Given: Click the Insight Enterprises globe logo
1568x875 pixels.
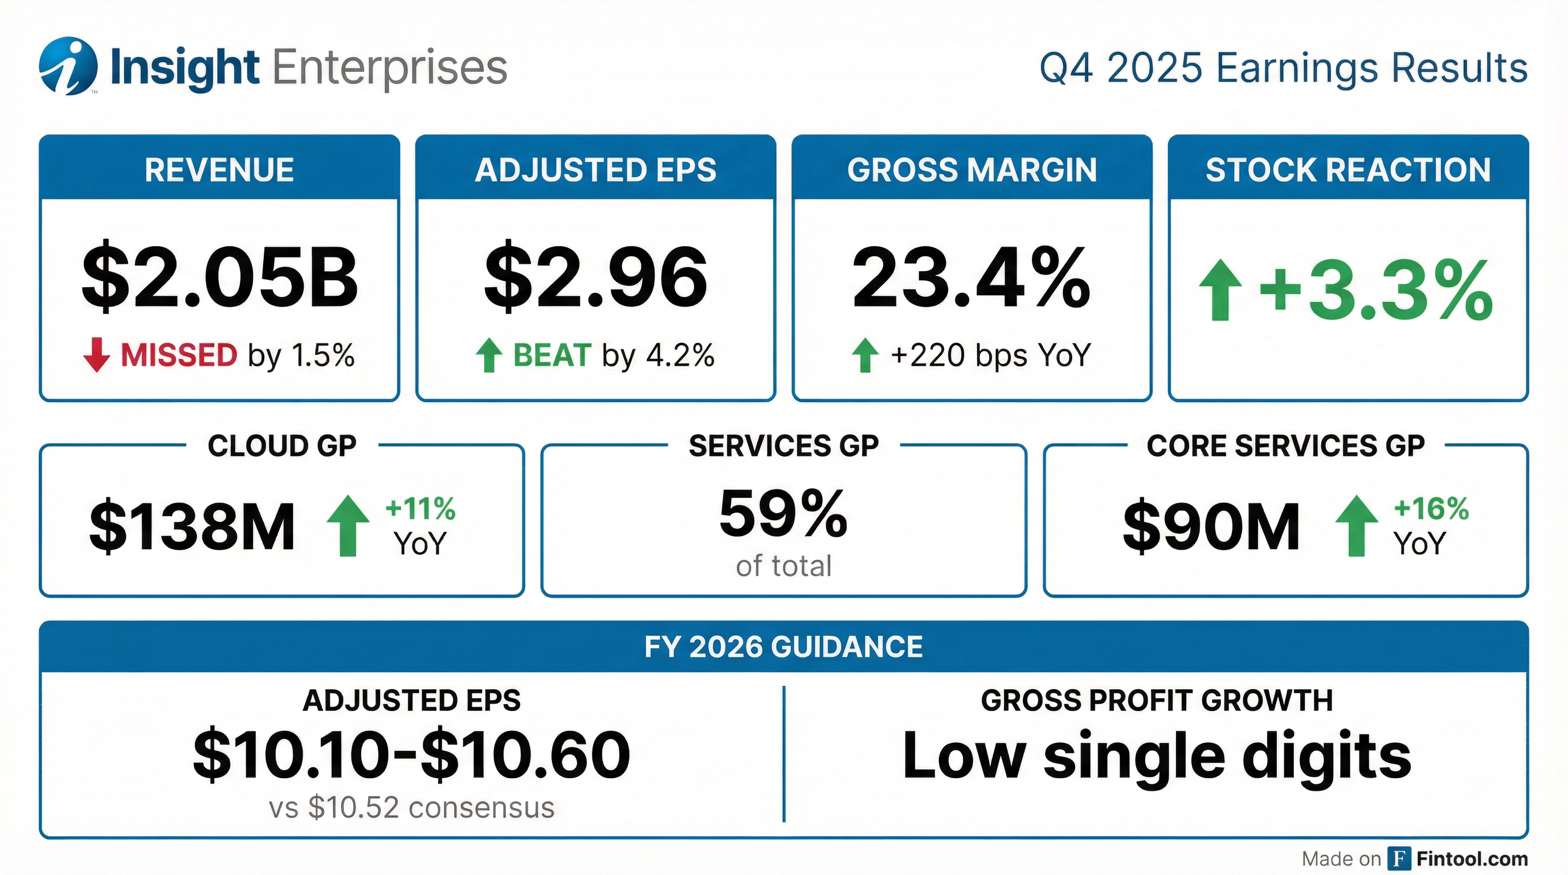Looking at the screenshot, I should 68,66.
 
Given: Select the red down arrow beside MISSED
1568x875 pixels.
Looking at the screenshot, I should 96,355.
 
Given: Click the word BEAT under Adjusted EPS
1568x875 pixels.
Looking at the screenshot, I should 552,355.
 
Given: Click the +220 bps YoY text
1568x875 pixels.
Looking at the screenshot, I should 990,355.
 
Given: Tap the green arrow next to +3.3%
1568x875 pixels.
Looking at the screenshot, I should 1220,291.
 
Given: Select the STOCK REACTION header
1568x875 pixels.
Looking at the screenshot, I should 1347,170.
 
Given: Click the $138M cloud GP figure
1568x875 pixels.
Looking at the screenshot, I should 193,526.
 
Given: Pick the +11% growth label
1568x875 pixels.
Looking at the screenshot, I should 420,509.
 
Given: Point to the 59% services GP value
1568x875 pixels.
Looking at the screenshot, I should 783,514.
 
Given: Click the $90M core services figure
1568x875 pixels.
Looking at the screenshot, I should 1211,526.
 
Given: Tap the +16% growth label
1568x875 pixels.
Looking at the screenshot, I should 1431,509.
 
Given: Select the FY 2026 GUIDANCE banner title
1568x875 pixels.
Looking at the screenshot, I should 783,646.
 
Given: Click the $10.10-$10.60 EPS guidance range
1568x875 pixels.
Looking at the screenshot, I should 411,755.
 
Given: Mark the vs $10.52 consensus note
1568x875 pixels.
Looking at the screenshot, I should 411,807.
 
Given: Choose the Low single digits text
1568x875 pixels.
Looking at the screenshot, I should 1157,756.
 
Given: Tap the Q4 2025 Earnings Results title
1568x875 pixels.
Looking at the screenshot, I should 1283,68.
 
